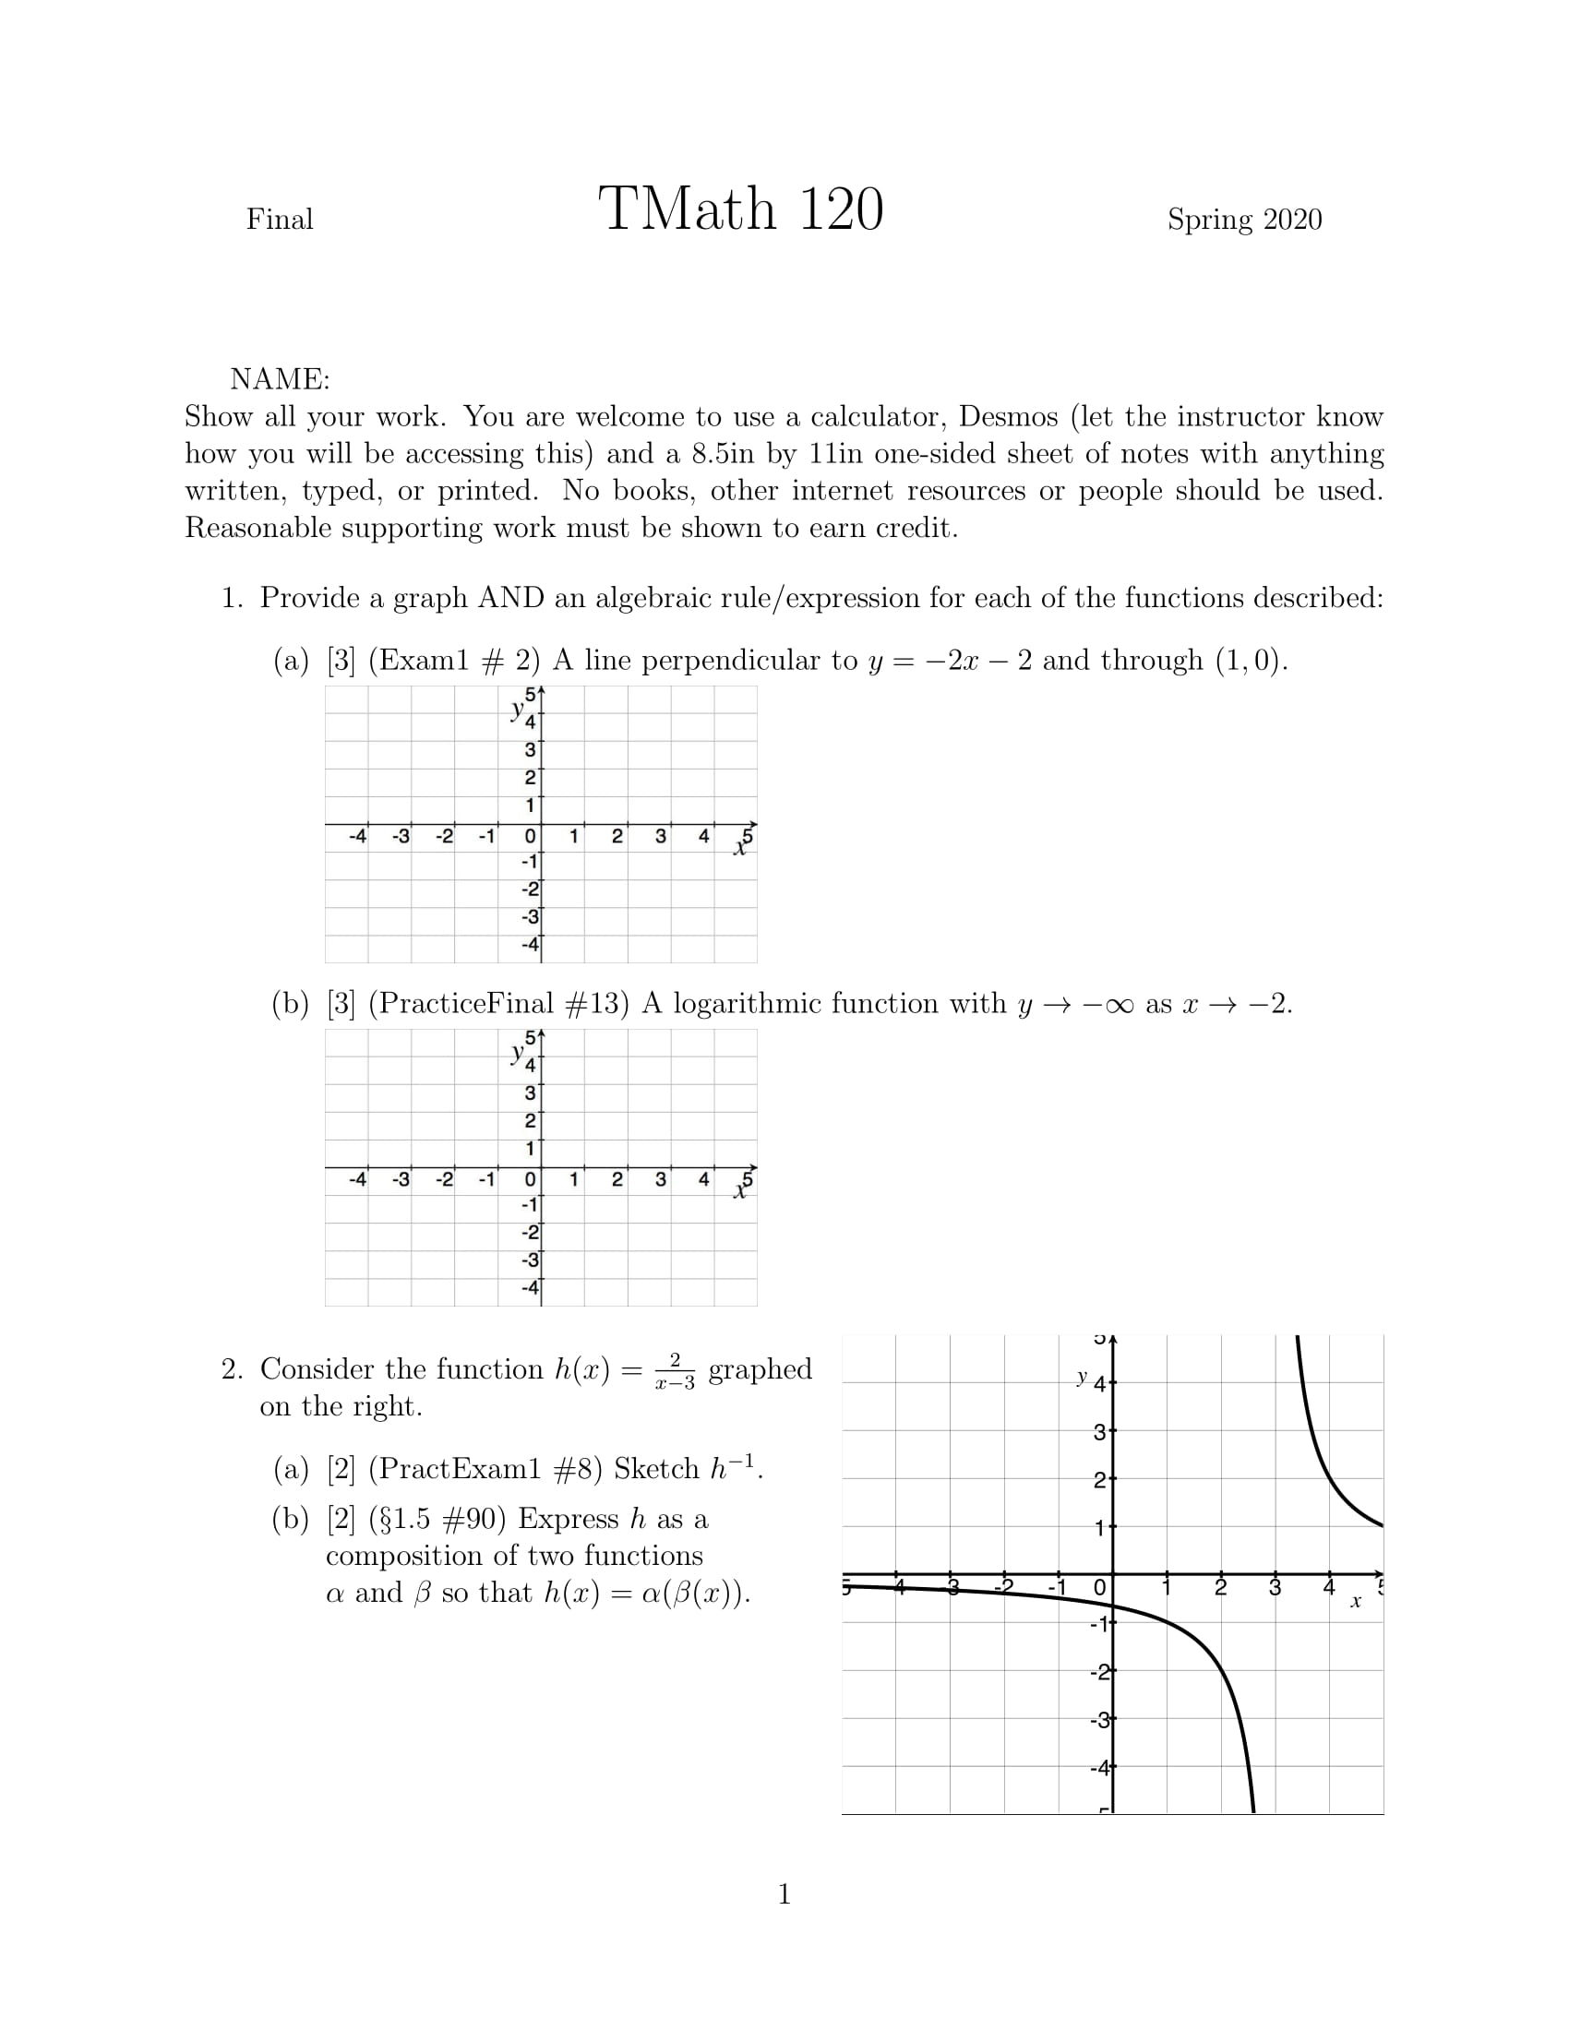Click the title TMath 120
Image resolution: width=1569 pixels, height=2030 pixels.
(x=740, y=209)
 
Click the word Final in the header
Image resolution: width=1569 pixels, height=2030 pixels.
(x=279, y=220)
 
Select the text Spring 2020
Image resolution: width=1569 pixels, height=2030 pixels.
(x=1244, y=220)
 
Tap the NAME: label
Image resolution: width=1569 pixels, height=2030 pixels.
(x=280, y=379)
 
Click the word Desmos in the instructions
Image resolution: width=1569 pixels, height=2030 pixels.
(x=1008, y=416)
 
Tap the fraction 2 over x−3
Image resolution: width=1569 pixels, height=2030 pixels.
(x=675, y=1371)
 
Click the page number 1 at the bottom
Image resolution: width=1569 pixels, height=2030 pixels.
(x=784, y=1894)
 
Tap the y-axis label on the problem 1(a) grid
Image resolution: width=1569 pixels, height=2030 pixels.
(x=517, y=710)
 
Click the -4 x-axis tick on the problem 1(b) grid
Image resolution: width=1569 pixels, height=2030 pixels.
(x=357, y=1179)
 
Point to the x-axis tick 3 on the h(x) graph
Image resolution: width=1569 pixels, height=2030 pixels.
(x=1275, y=1588)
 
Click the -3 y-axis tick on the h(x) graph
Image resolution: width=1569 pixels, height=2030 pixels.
(x=1100, y=1720)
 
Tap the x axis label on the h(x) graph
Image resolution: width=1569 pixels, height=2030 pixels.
(x=1355, y=1601)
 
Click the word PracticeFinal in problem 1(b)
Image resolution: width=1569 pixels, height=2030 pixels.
(x=498, y=1004)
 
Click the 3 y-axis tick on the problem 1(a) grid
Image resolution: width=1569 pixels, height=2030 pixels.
(x=530, y=750)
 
